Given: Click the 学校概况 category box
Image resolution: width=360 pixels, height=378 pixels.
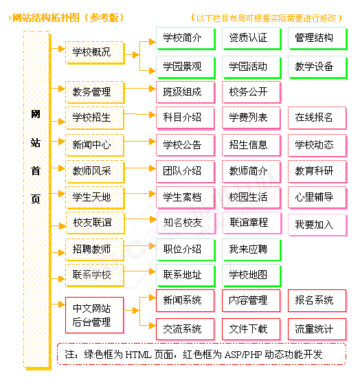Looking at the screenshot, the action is (x=95, y=52).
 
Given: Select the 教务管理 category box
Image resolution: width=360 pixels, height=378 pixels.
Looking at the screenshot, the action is (x=95, y=92).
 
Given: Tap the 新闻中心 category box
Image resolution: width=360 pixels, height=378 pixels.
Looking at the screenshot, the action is (x=95, y=145).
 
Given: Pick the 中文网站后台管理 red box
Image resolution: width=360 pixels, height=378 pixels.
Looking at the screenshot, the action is (x=94, y=315).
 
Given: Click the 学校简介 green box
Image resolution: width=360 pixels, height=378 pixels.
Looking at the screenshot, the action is (x=185, y=38).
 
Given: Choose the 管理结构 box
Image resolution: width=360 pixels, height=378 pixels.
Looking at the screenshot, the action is (x=317, y=38).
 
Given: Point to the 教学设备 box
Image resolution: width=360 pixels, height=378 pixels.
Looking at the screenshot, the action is (x=317, y=67).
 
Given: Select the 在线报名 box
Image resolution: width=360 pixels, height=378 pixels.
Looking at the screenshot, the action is (x=317, y=118).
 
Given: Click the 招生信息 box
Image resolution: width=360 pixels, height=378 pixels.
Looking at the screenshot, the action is (x=251, y=146).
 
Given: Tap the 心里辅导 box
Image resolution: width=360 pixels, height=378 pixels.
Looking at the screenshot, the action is (x=317, y=197).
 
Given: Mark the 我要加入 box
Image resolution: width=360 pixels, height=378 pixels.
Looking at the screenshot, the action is (x=317, y=225).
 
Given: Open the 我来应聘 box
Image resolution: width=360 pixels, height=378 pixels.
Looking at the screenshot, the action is (x=251, y=249).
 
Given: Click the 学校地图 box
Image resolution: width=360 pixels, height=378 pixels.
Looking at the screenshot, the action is (x=251, y=276).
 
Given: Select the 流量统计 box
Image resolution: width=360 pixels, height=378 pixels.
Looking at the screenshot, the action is (x=317, y=329).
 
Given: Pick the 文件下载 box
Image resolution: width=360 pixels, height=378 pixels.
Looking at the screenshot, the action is (x=251, y=329).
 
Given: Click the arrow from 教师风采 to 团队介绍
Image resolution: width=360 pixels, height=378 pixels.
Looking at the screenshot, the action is (x=139, y=168).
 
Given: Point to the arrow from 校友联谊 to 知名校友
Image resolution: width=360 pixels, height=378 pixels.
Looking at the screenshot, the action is (x=140, y=219).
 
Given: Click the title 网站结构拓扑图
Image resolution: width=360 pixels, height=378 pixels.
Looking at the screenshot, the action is (x=46, y=18).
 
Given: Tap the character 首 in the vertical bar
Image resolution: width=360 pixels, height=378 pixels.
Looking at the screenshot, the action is (x=36, y=171).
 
